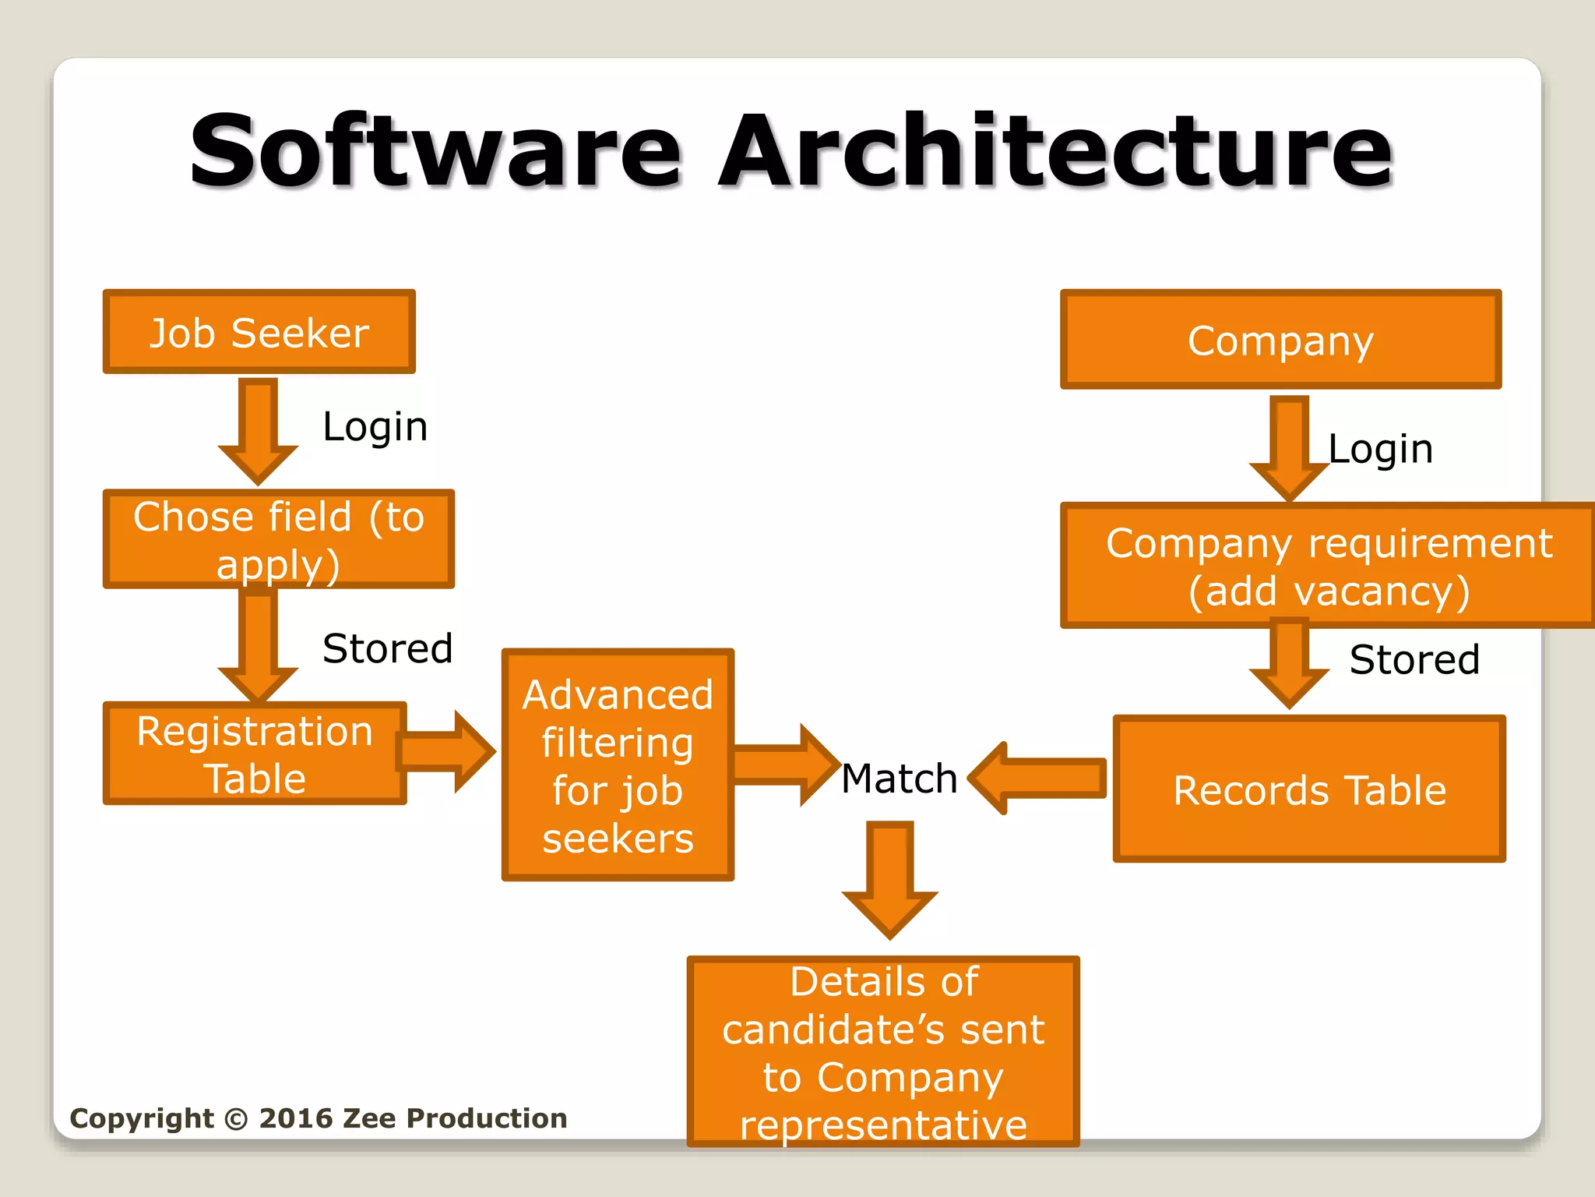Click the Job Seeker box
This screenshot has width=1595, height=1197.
point(259,333)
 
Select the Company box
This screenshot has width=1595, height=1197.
point(1280,341)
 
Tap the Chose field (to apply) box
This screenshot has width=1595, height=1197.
point(278,539)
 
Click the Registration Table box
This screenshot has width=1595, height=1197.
point(255,754)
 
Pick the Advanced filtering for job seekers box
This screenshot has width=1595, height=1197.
point(618,765)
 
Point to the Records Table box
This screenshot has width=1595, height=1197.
point(1309,789)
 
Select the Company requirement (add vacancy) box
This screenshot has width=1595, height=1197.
point(1329,567)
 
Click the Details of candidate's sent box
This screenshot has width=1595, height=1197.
point(883,1052)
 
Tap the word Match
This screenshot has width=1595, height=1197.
point(900,779)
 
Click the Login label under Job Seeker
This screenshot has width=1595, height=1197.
point(375,427)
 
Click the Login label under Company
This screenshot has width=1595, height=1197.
point(1380,450)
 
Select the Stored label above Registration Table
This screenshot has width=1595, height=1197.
point(387,648)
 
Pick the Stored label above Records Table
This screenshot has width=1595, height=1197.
point(1414,660)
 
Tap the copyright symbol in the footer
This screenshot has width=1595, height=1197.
point(235,1119)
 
